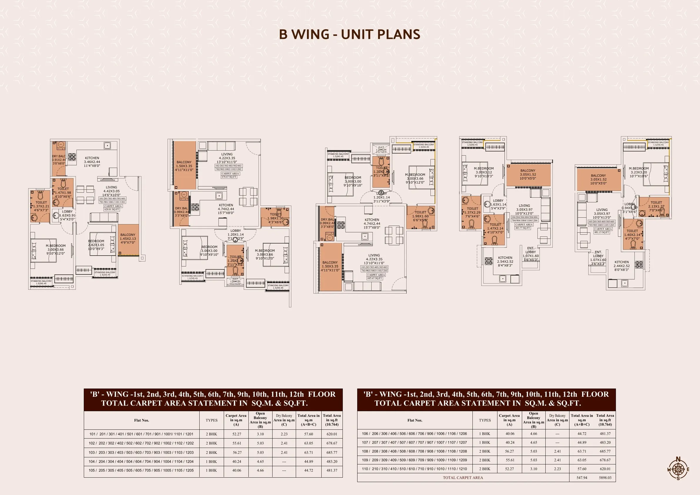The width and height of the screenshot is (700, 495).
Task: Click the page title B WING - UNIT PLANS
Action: tap(350, 34)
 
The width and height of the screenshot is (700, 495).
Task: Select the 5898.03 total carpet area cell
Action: tap(605, 478)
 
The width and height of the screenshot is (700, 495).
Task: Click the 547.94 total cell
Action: tap(582, 478)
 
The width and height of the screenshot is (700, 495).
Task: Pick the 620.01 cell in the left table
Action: tap(332, 434)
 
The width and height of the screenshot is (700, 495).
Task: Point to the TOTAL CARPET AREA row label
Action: tap(463, 478)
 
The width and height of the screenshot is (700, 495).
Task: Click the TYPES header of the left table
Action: tap(212, 420)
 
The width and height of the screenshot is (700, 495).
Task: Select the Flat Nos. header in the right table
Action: tap(415, 420)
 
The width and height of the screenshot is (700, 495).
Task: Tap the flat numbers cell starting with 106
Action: tap(414, 434)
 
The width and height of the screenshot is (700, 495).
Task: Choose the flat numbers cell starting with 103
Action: tap(141, 453)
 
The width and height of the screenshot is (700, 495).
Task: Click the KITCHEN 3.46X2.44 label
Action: tap(92, 162)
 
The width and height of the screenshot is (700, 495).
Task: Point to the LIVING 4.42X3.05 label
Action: tap(111, 191)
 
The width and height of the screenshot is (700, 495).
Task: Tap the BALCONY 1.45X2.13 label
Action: tap(128, 239)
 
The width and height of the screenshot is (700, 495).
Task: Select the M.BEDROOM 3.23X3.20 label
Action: tap(639, 172)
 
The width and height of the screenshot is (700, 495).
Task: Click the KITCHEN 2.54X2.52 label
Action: tap(505, 261)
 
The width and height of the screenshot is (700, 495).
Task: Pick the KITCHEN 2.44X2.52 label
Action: tap(622, 266)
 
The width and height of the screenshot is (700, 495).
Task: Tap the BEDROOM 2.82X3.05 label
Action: tap(96, 245)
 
